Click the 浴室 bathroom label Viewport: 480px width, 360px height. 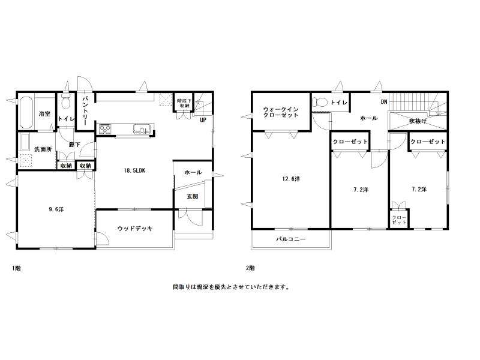pyautogui.click(x=44, y=114)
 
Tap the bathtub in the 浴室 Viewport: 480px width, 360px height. pyautogui.click(x=26, y=113)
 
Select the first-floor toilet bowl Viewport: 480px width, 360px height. pyautogui.click(x=66, y=101)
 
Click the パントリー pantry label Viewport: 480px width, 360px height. pyautogui.click(x=85, y=111)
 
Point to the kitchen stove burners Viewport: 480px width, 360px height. pyautogui.click(x=105, y=128)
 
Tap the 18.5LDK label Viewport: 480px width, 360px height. pyautogui.click(x=134, y=171)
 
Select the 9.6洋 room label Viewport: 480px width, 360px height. pyautogui.click(x=56, y=209)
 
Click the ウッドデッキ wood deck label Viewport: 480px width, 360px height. pyautogui.click(x=135, y=229)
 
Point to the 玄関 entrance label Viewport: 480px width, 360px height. pyautogui.click(x=193, y=197)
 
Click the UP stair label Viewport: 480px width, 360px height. pyautogui.click(x=203, y=120)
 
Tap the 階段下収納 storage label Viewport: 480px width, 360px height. pyautogui.click(x=184, y=103)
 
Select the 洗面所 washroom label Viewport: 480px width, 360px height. pyautogui.click(x=43, y=149)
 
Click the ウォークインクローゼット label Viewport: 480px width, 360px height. pyautogui.click(x=281, y=112)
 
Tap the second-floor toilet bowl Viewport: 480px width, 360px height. pyautogui.click(x=320, y=102)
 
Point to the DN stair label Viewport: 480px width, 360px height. pyautogui.click(x=384, y=101)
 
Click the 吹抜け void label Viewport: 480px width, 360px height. pyautogui.click(x=418, y=121)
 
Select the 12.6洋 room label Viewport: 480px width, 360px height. pyautogui.click(x=291, y=179)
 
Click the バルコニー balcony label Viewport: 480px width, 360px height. pyautogui.click(x=291, y=239)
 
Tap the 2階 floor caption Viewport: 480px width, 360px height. pyautogui.click(x=250, y=268)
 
